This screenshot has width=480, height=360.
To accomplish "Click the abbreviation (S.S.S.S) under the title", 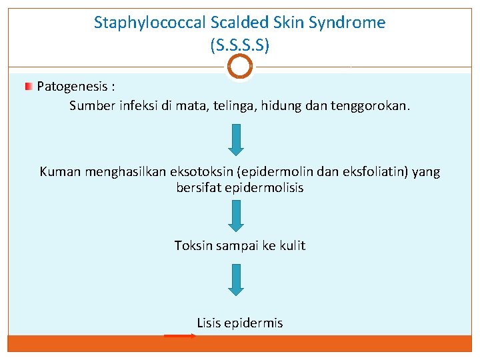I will pos(239,45).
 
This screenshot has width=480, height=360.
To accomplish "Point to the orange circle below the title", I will pos(240,66).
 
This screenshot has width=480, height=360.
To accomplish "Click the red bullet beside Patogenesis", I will pos(29,87).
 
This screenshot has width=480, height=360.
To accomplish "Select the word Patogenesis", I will pos(70,86).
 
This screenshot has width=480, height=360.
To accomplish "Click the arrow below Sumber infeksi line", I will pos(236,139).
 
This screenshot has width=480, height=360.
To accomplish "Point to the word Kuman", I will pos(59,172).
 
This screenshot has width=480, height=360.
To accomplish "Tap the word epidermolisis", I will pos(267,188).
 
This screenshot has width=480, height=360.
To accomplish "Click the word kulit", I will pos(293,246).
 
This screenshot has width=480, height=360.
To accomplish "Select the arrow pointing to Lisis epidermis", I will pos(236,279).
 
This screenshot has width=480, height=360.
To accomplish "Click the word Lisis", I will pos(209,323).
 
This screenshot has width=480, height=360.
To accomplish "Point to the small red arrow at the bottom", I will pos(179,336).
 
